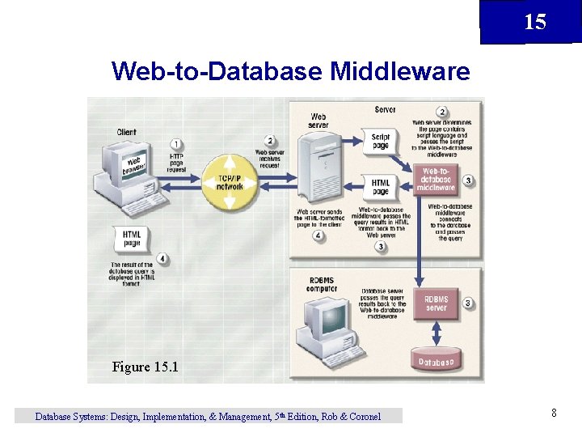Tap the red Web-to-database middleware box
[436, 179]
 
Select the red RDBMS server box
[436, 303]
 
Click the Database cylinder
[436, 362]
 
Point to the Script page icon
[381, 141]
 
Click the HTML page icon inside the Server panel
[381, 187]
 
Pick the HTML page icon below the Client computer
[131, 239]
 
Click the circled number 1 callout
[176, 144]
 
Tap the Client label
[127, 132]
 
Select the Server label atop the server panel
[385, 110]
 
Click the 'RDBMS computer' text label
[321, 285]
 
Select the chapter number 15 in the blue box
[535, 22]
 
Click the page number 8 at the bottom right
[554, 414]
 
